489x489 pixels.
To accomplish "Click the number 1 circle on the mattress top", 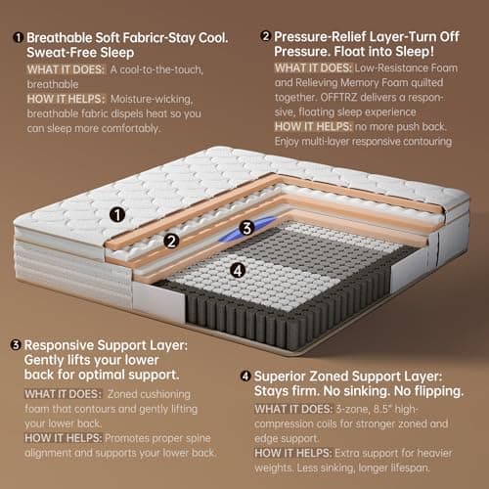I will [116, 214].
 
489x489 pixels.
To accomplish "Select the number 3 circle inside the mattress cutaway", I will [247, 228].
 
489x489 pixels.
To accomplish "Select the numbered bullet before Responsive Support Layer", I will [16, 345].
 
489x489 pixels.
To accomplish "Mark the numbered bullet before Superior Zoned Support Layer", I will [244, 375].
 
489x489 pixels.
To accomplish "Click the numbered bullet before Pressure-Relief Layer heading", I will [266, 36].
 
